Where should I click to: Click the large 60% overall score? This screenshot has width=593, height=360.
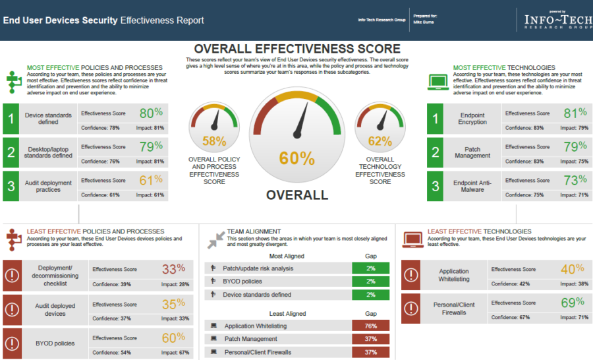[x=297, y=158]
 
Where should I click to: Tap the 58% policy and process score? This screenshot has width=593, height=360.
[x=214, y=140]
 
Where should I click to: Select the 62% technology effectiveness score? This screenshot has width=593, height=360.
[x=380, y=140]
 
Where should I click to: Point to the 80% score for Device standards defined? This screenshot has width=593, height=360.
[x=151, y=113]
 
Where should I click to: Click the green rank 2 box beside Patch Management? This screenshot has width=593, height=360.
[x=436, y=152]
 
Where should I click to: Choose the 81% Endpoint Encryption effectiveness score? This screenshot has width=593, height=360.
[x=575, y=113]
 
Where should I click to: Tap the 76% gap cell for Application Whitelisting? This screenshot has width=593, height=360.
[x=371, y=326]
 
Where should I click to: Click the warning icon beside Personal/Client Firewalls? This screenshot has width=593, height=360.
[x=411, y=309]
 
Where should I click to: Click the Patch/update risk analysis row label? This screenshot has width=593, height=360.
[x=258, y=268]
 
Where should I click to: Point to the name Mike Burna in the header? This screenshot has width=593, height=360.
[x=424, y=22]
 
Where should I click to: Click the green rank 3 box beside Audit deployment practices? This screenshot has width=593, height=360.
[x=11, y=186]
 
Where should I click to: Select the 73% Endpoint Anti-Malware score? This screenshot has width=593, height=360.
[x=575, y=180]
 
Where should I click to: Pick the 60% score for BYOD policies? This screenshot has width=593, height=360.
[x=173, y=338]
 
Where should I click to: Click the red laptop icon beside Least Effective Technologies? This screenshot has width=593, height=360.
[x=412, y=239]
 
